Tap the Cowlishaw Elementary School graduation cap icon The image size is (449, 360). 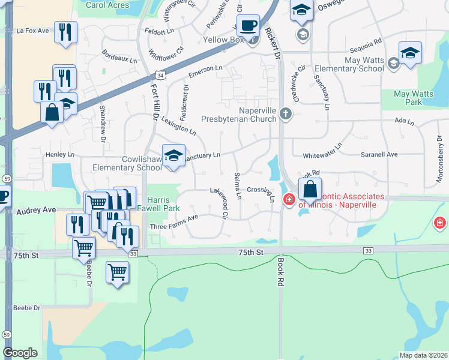[174, 156]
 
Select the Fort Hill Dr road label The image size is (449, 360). [152, 103]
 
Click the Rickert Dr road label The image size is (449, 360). [274, 42]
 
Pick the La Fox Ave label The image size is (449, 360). [32, 30]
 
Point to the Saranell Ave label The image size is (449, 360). [379, 154]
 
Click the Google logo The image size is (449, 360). [20, 353]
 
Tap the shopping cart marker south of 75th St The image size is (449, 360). [118, 273]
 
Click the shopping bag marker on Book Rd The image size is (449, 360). [310, 190]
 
